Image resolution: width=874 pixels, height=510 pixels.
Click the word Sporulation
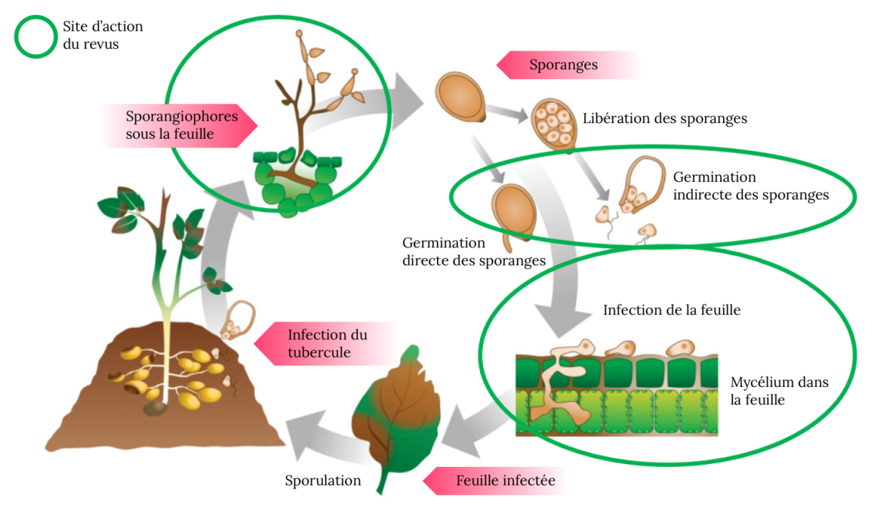[x=323, y=481]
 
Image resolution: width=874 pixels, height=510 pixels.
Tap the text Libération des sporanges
[x=665, y=118]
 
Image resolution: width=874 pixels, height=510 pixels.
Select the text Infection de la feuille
[x=671, y=310]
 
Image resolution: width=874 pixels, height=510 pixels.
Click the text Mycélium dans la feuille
[x=779, y=391]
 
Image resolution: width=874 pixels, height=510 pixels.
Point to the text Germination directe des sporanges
[x=474, y=252]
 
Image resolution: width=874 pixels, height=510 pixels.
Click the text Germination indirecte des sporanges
[x=750, y=186]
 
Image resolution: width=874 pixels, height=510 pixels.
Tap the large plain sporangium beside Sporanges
[x=461, y=97]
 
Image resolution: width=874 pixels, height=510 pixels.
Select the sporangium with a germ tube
[x=513, y=216]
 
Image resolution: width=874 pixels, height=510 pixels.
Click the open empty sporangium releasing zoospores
[x=643, y=183]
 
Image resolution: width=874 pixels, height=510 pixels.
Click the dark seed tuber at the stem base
[x=155, y=409]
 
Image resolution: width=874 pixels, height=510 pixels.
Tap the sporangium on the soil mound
[x=238, y=320]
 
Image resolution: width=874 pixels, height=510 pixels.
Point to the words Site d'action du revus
[x=103, y=35]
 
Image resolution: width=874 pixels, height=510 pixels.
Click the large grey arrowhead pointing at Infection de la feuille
[x=563, y=320]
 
